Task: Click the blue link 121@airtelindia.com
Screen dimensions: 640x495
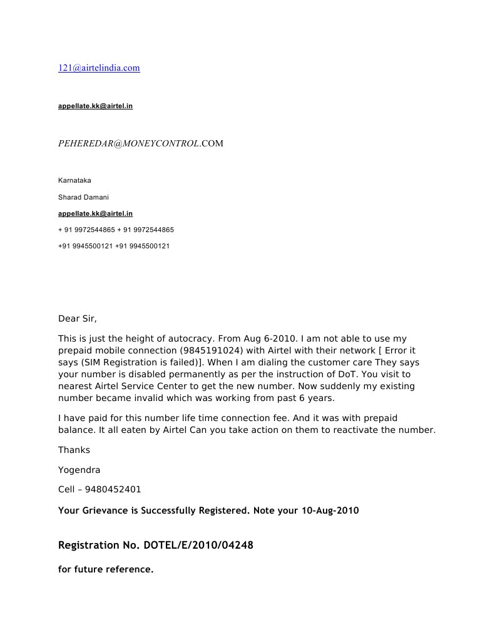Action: pos(99,68)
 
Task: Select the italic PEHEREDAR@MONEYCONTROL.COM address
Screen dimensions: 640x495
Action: pos(140,143)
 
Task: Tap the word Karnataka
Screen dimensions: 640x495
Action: pos(74,180)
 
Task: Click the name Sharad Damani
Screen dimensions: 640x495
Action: pos(83,197)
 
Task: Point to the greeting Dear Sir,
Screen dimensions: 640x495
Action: pos(78,318)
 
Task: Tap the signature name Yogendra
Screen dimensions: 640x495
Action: pos(79,470)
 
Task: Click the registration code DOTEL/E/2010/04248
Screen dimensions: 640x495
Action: pos(198,546)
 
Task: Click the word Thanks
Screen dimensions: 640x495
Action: pos(74,450)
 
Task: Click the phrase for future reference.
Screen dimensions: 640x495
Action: pos(106,569)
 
